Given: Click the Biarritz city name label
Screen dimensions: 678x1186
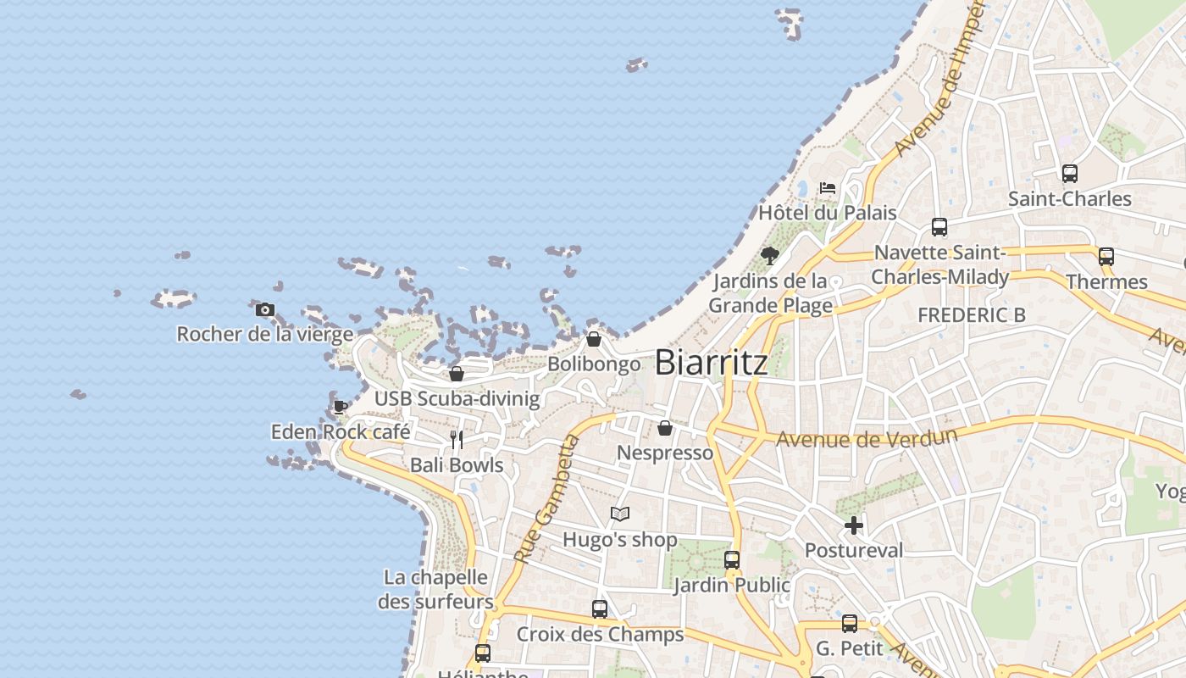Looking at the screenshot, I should tap(712, 363).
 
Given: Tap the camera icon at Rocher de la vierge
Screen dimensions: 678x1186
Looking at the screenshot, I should tap(265, 310).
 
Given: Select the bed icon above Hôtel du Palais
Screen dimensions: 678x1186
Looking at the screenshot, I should tap(828, 188).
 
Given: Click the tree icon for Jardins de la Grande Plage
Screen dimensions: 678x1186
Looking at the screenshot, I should tap(770, 255).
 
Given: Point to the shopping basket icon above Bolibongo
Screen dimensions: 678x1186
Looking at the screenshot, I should tap(594, 340).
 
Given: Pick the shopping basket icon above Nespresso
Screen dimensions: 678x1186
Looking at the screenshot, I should tap(665, 428).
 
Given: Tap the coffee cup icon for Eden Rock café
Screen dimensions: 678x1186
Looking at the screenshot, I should tap(341, 408).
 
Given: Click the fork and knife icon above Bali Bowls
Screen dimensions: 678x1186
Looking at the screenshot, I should tap(457, 440).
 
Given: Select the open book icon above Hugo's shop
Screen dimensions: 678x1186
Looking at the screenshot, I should tap(620, 514).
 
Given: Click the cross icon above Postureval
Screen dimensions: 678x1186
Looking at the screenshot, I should tap(854, 525).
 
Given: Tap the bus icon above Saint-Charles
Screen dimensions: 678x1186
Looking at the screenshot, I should tap(1070, 174).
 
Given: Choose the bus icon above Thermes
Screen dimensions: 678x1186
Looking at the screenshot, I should tap(1106, 257).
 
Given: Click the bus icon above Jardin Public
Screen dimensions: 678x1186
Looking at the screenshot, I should tap(732, 560).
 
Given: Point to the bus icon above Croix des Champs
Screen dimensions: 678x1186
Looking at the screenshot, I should tap(600, 609).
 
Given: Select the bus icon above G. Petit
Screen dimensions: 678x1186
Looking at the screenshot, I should tap(850, 624).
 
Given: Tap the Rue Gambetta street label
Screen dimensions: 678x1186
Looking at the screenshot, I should tap(545, 500).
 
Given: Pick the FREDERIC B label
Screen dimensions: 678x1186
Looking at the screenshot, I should tap(972, 315).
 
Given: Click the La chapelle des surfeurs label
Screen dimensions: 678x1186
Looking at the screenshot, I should tap(435, 590).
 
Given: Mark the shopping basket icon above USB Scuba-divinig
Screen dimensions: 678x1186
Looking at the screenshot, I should tap(457, 374).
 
